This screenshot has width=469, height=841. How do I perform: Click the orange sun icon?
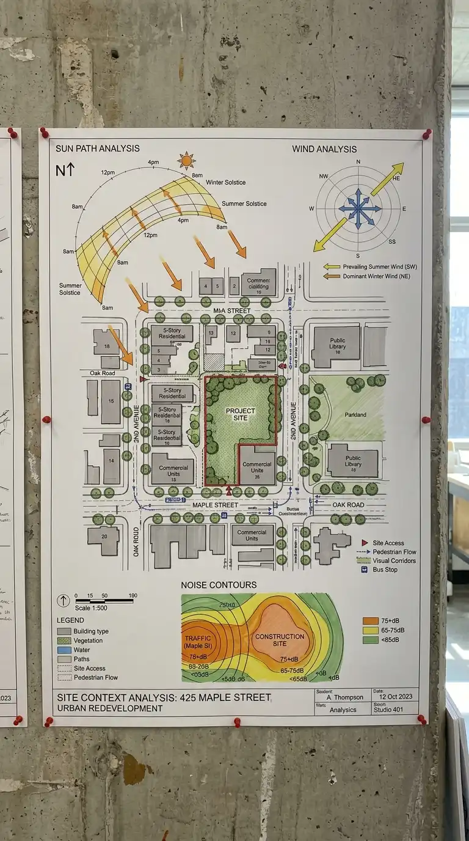click(x=186, y=161)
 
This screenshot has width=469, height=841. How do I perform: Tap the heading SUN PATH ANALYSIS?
click(x=97, y=148)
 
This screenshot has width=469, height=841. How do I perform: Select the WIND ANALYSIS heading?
click(x=324, y=149)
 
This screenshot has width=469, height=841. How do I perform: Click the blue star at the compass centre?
click(x=358, y=209)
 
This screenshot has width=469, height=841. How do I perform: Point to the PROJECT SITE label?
click(x=240, y=415)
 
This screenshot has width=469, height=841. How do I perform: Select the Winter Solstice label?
click(x=225, y=182)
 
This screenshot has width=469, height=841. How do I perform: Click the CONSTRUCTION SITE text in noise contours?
click(x=280, y=640)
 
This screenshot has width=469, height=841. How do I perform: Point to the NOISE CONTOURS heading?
click(x=219, y=585)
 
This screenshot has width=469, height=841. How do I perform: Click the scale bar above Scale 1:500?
click(x=104, y=601)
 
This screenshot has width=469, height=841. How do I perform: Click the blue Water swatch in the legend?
click(x=64, y=650)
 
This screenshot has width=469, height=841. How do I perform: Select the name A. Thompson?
click(x=344, y=697)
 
